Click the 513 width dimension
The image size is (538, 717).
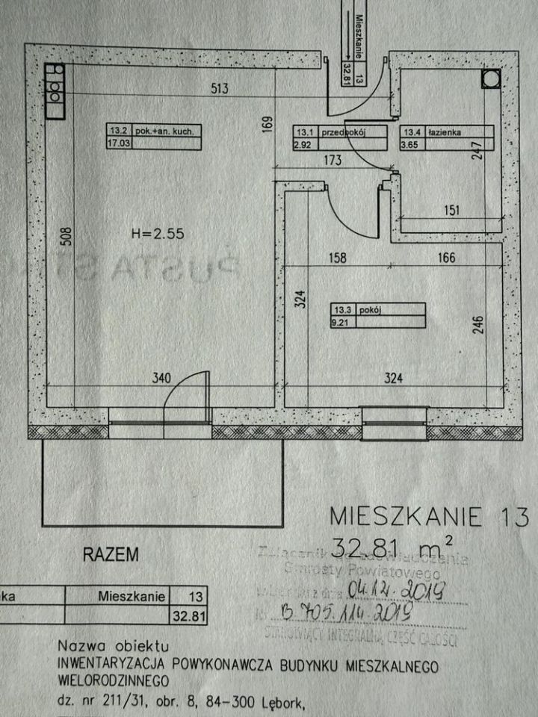tap(218, 89)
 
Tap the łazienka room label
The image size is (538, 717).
tap(444, 132)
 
